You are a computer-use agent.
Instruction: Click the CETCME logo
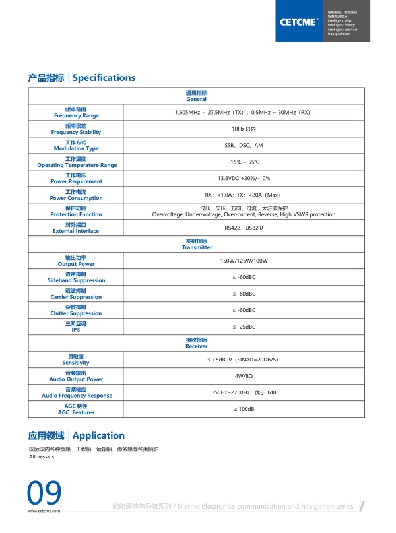[300, 21]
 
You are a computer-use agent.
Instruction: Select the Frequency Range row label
[77, 112]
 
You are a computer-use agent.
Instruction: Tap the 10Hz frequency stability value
[244, 129]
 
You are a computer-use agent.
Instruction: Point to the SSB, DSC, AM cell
[244, 145]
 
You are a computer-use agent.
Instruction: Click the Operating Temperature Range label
[77, 162]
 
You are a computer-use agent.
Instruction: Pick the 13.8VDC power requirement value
[244, 178]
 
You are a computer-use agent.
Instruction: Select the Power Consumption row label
[77, 195]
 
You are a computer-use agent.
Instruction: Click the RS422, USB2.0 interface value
[244, 228]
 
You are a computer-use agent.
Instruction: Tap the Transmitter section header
[197, 244]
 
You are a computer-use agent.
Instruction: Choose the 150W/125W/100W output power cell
[244, 261]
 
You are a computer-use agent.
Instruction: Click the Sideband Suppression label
[77, 277]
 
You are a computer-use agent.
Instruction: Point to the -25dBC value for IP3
[244, 327]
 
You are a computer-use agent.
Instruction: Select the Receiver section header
[197, 343]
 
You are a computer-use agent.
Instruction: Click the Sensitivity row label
[77, 360]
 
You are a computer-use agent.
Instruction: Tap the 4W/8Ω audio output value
[244, 376]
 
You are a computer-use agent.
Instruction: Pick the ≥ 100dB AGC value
[244, 409]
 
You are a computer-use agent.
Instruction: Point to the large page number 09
[44, 493]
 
